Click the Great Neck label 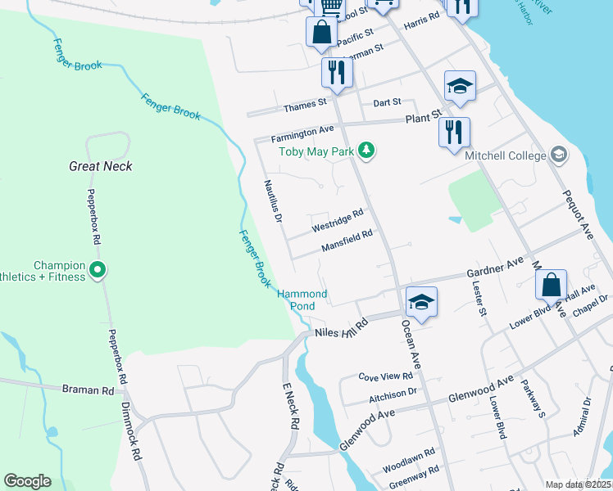pyautogui.click(x=101, y=166)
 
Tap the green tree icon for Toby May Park pyautogui.click(x=368, y=151)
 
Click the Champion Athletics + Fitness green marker pyautogui.click(x=98, y=268)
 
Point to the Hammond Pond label pyautogui.click(x=302, y=300)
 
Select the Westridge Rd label pyautogui.click(x=337, y=219)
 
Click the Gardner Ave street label pyautogui.click(x=494, y=267)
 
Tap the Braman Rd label pyautogui.click(x=88, y=390)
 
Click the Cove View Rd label pyautogui.click(x=390, y=376)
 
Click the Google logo pyautogui.click(x=27, y=480)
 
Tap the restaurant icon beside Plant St pyautogui.click(x=453, y=131)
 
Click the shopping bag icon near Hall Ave pyautogui.click(x=552, y=285)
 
